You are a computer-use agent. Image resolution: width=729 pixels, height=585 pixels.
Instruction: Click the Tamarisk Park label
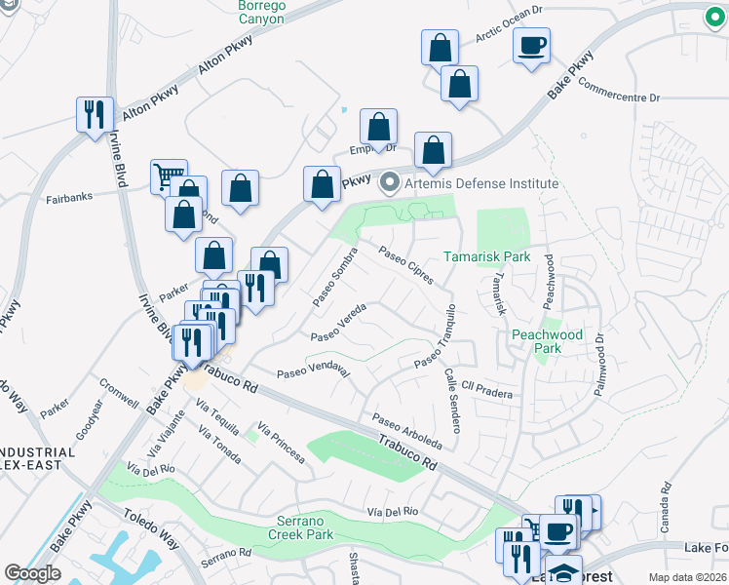(x=486, y=256)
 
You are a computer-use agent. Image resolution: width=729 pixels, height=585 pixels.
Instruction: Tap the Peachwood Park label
(x=548, y=341)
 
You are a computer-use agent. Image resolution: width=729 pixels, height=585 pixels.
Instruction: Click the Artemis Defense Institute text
(x=482, y=183)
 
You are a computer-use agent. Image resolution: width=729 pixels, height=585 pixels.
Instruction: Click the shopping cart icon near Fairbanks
(x=167, y=175)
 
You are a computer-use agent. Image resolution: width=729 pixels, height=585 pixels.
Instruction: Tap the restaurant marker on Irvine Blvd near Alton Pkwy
(x=95, y=114)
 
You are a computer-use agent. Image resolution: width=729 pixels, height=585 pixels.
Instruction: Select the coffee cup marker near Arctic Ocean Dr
(x=532, y=45)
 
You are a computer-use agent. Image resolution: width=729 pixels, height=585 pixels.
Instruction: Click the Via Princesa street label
(x=283, y=443)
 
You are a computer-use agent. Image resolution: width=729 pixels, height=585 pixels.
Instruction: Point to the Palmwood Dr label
(x=597, y=366)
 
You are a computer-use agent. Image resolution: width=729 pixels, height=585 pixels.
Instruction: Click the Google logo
(x=33, y=573)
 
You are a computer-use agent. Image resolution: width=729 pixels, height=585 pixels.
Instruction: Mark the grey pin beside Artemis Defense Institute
(x=391, y=182)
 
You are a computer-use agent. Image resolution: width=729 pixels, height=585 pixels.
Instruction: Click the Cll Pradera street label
(x=486, y=390)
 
